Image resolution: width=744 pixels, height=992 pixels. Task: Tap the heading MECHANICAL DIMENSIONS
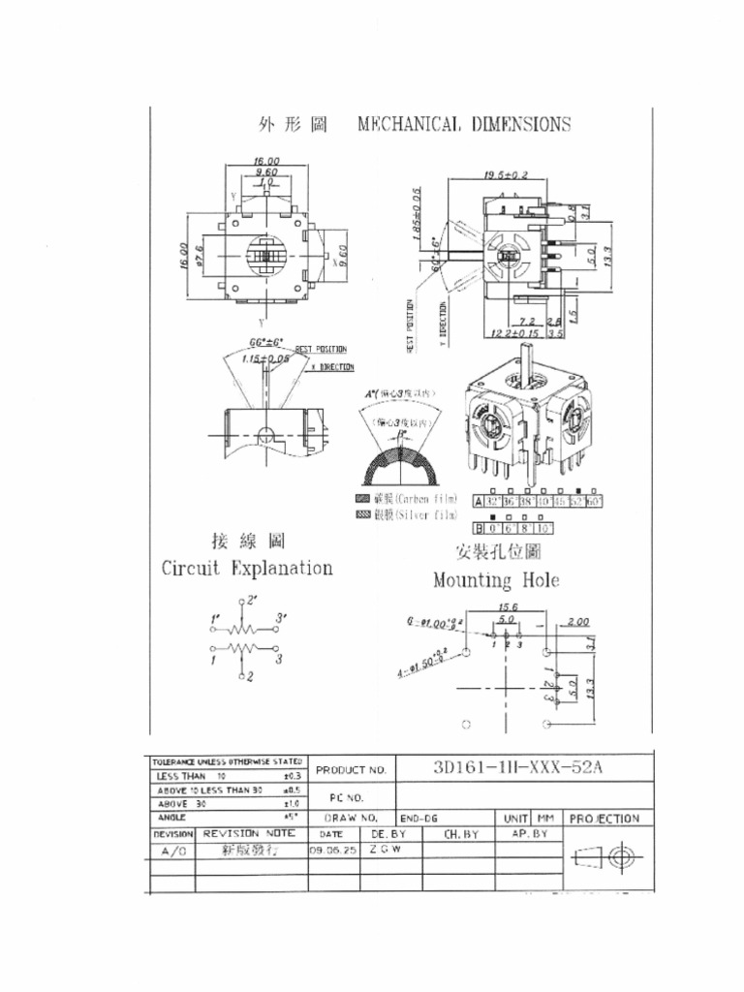pyautogui.click(x=463, y=124)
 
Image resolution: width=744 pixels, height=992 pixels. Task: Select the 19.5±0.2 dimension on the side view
pyautogui.click(x=505, y=175)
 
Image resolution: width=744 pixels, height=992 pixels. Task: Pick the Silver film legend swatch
pyautogui.click(x=364, y=514)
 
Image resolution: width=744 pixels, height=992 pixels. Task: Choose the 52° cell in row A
pyautogui.click(x=577, y=502)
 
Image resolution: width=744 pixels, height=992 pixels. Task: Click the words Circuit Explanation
pyautogui.click(x=246, y=569)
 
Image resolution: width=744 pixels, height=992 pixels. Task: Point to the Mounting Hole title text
pyautogui.click(x=495, y=581)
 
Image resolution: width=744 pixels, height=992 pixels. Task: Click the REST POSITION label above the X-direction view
pyautogui.click(x=319, y=349)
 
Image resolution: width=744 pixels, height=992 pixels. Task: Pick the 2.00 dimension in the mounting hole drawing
pyautogui.click(x=579, y=621)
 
